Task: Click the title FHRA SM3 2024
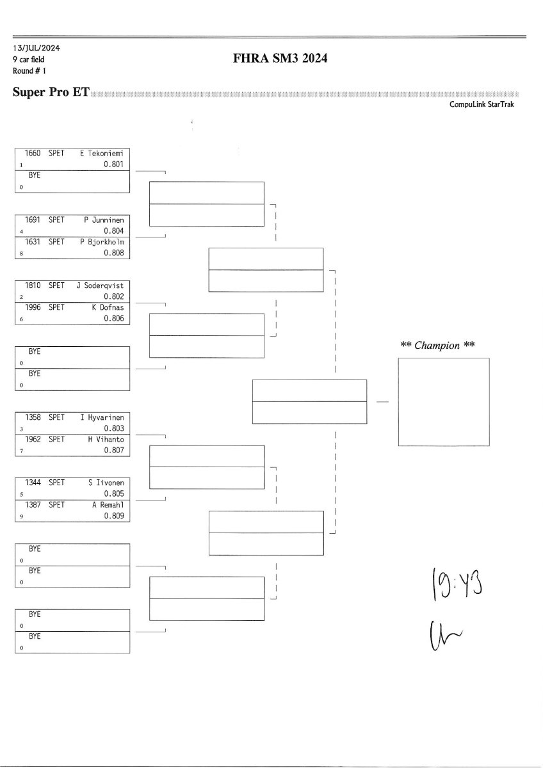pos(282,60)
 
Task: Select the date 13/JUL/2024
pos(36,48)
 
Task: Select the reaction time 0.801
pos(113,164)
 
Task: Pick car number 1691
pos(33,220)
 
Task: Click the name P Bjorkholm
pos(102,242)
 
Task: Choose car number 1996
pos(33,307)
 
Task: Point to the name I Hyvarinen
pos(102,417)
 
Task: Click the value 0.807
pos(113,451)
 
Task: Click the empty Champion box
pos(444,401)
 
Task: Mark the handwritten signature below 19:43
pos(444,635)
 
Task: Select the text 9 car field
pos(29,60)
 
